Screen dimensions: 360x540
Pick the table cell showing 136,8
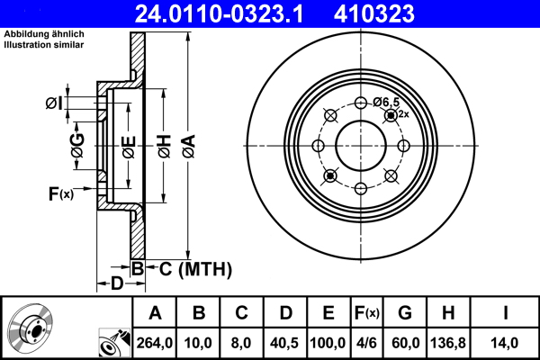(448, 341)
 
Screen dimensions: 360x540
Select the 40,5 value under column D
(285, 341)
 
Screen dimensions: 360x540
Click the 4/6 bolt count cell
(366, 341)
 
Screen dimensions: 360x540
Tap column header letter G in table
(405, 313)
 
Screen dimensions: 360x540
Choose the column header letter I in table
(505, 313)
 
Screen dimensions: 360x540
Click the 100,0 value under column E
(328, 341)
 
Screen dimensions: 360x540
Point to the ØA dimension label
(187, 144)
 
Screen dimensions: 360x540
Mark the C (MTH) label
(190, 268)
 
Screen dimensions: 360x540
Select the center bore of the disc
(361, 146)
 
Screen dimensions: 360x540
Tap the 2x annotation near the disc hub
(403, 114)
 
